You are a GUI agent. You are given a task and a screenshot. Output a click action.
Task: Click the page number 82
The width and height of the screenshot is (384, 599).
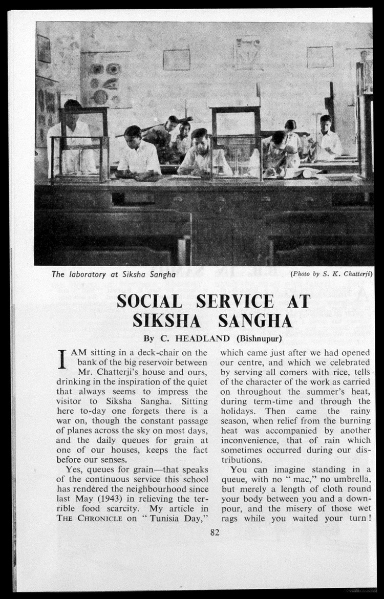pos(215,532)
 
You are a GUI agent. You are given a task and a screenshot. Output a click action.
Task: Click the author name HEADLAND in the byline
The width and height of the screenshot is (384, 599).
pos(203,338)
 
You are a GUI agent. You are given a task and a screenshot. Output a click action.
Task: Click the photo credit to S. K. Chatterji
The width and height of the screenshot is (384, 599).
pos(331,273)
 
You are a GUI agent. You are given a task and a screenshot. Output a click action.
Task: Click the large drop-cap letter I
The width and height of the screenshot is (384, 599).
pos(62,359)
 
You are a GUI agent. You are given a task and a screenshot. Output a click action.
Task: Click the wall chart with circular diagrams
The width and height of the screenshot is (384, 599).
pos(104,82)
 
